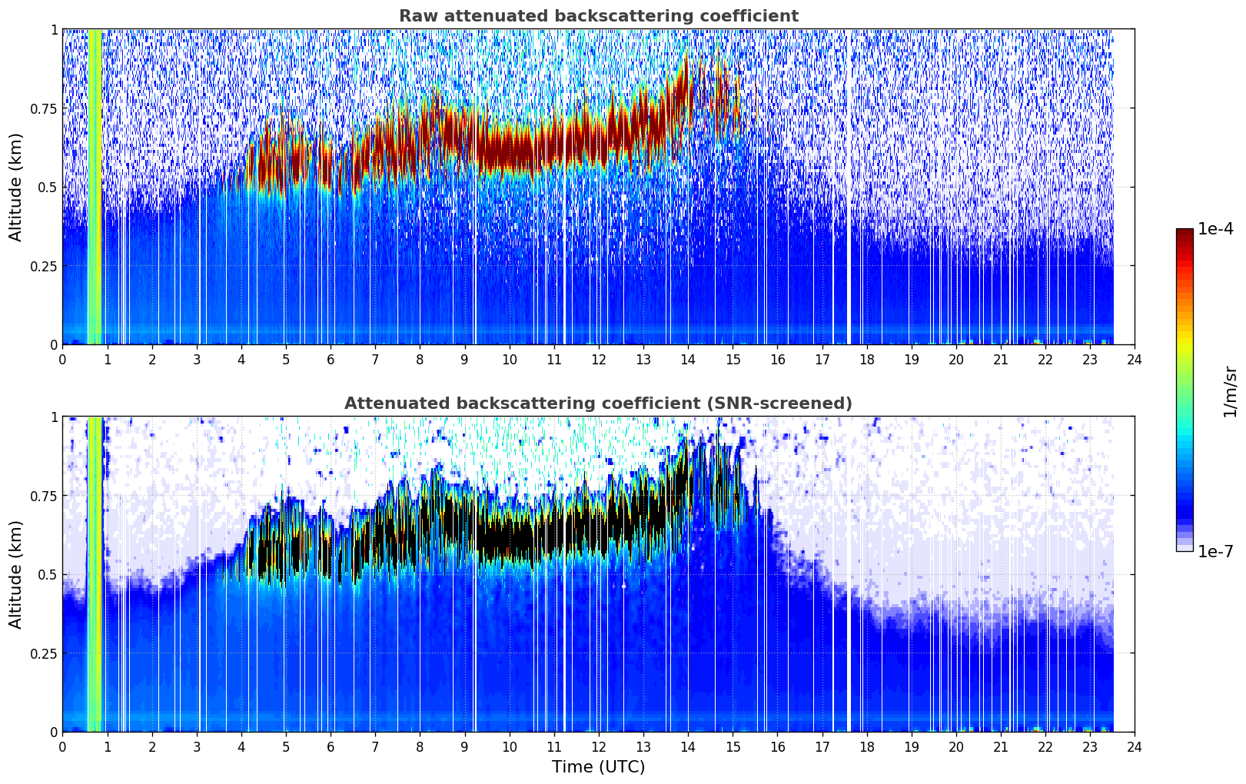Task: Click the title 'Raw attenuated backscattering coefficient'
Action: (599, 15)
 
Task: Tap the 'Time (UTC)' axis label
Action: (599, 767)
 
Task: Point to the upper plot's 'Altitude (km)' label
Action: (15, 188)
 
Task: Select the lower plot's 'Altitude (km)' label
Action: (15, 575)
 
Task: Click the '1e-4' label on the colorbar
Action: (1214, 228)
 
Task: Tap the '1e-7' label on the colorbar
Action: (1214, 552)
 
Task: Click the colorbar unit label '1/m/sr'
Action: (1230, 391)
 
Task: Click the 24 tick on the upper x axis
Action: (1135, 360)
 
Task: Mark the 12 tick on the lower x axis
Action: (599, 747)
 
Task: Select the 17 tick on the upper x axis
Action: (822, 360)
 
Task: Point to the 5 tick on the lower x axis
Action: (286, 747)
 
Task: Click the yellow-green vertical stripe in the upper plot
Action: (95, 186)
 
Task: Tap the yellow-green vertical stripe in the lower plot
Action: (95, 574)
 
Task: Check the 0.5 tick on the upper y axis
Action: (48, 188)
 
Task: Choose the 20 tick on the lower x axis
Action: (956, 747)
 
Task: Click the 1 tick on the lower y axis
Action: (55, 417)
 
